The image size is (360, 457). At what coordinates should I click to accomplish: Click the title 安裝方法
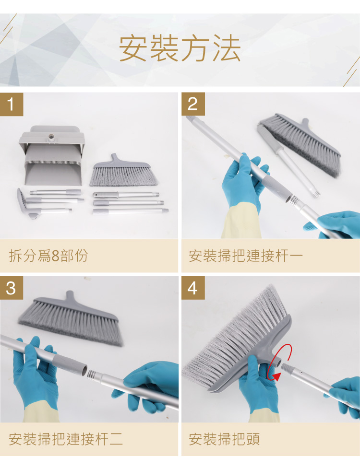(x=180, y=48)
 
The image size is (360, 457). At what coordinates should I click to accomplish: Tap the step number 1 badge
(x=12, y=105)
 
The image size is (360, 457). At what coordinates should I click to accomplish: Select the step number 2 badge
(x=193, y=104)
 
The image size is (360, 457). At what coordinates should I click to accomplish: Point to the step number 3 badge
(x=12, y=288)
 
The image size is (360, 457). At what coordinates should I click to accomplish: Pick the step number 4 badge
(x=193, y=288)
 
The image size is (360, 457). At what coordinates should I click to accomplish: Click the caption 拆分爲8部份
(x=48, y=256)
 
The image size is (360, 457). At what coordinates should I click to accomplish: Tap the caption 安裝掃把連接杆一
(x=246, y=256)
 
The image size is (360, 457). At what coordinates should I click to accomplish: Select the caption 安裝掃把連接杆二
(x=66, y=439)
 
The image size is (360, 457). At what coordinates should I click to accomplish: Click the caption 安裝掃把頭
(x=224, y=439)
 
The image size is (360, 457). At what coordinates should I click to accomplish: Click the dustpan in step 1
(x=52, y=156)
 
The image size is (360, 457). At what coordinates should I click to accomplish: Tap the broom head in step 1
(x=124, y=171)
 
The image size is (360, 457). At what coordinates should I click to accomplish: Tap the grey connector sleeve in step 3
(x=71, y=365)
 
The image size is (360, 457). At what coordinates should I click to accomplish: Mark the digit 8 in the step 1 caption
(x=55, y=256)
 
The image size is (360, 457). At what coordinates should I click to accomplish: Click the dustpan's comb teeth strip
(x=52, y=162)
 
